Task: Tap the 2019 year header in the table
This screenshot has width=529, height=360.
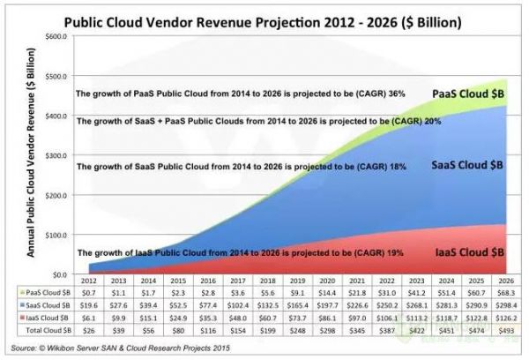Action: coord(296,281)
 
